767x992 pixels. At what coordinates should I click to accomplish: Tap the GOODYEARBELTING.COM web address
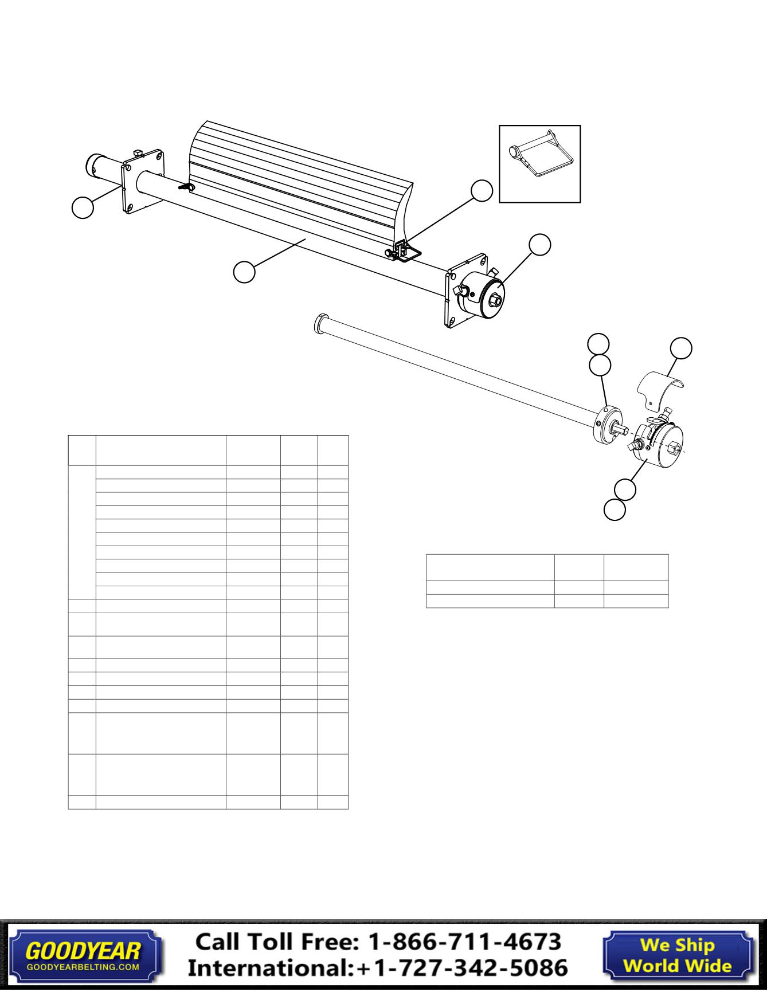tap(83, 966)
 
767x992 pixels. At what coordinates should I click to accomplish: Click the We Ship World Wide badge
tap(677, 955)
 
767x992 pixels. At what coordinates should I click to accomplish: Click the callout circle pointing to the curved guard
tap(681, 348)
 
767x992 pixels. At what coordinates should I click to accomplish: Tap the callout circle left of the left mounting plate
tap(83, 207)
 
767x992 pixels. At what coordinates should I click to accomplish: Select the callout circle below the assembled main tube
tap(244, 271)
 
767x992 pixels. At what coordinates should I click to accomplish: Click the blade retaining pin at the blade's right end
tap(404, 250)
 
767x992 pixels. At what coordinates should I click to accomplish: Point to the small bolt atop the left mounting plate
tap(138, 152)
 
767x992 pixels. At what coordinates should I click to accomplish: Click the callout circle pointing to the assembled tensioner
tap(539, 244)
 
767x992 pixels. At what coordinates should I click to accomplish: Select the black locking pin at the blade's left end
tap(185, 187)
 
